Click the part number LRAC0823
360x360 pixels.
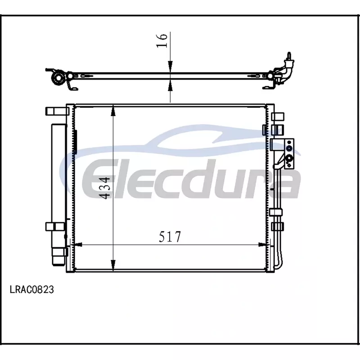(32, 289)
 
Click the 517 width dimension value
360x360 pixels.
(170, 237)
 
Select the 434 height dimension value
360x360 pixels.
(105, 188)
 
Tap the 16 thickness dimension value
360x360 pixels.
(162, 40)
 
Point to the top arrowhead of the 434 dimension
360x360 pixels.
(113, 111)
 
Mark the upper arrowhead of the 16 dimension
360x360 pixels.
(170, 67)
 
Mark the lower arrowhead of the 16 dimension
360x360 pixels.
(170, 85)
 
